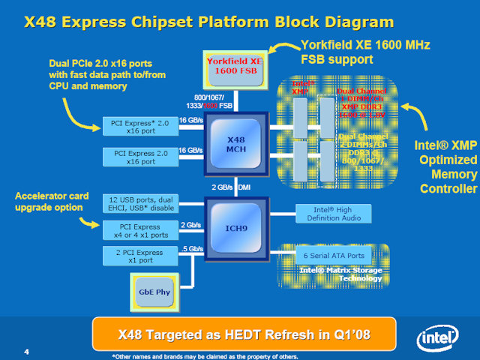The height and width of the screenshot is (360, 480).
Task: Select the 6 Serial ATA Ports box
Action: [328, 255]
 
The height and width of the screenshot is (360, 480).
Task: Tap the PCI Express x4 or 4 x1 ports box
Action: [139, 229]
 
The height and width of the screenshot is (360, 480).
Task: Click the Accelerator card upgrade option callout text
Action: [53, 201]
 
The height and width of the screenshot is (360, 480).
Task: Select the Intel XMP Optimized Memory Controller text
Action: [445, 166]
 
